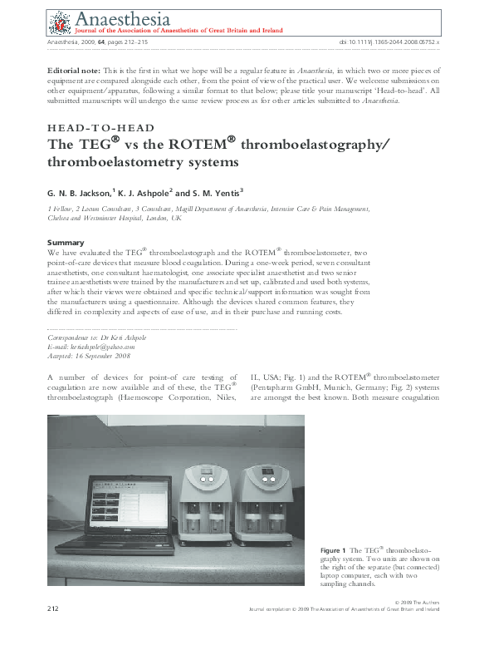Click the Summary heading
point(66,242)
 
